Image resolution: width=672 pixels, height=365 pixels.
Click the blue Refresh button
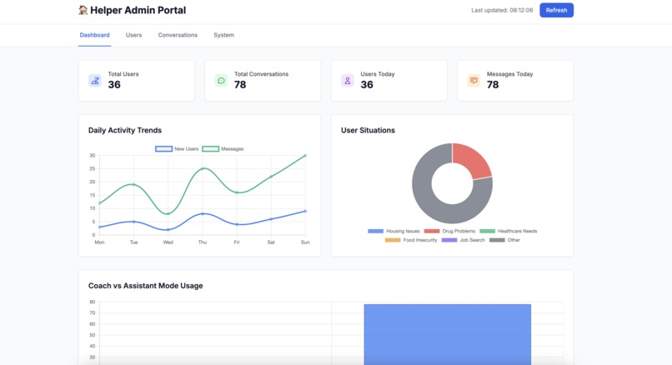pos(556,10)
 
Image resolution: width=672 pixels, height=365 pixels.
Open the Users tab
pos(133,35)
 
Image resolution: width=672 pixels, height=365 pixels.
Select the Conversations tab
pos(178,35)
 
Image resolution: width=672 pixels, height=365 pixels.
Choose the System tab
pos(223,35)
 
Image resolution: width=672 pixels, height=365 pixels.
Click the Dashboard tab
pos(94,35)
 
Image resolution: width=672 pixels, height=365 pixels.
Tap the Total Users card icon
pos(95,81)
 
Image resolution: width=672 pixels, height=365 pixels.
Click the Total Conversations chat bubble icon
pos(221,81)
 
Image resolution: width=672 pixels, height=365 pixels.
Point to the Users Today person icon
pos(348,81)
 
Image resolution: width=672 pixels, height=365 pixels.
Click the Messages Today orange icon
pos(474,81)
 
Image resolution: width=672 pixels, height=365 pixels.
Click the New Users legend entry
pos(177,149)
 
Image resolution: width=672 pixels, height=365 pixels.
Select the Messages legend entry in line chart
pos(223,149)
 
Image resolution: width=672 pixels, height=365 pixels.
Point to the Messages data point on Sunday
pos(305,155)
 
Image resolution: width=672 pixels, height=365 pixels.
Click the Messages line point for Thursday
pos(203,168)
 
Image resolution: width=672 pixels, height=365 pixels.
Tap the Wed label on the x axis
pos(168,242)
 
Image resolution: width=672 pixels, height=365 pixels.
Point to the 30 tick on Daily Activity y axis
pos(92,155)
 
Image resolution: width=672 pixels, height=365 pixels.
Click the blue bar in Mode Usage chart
pos(447,333)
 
